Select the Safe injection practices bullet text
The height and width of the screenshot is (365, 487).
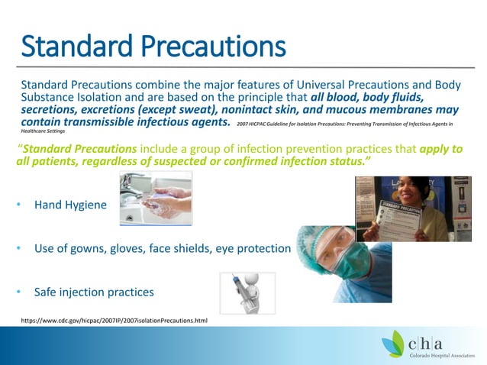94,292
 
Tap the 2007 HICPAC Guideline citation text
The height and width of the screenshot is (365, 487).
343,123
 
